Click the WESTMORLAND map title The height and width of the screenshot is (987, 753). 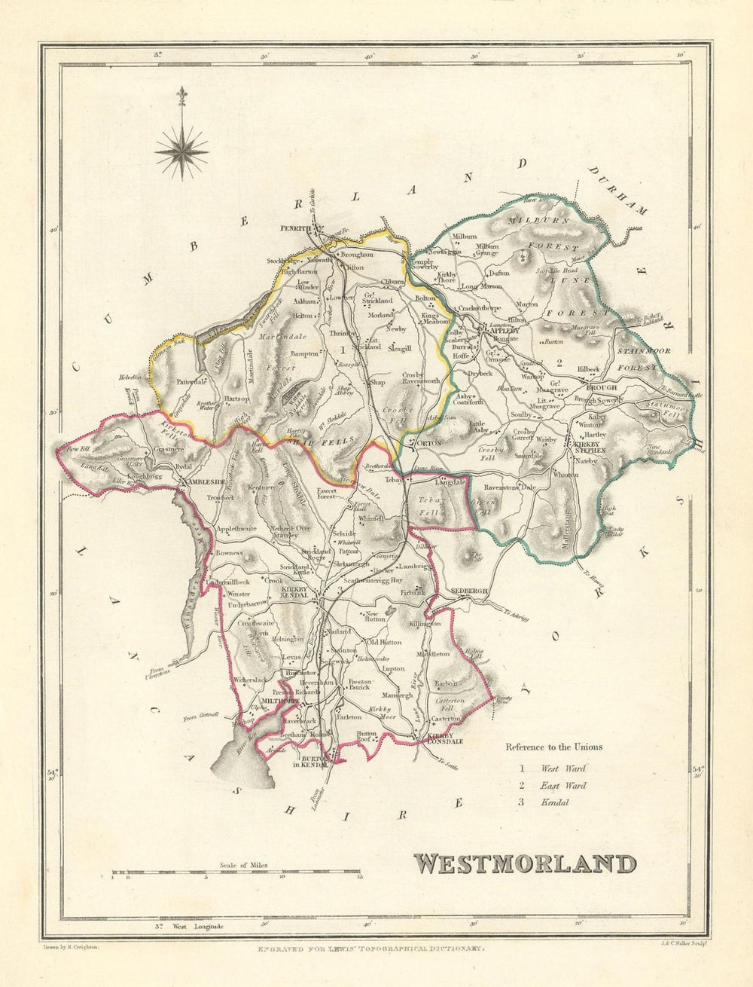[524, 863]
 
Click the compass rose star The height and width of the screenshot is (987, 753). [181, 148]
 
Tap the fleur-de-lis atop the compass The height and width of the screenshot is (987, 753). [181, 98]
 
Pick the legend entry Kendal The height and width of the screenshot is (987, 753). [553, 802]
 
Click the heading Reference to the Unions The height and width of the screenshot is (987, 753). [553, 747]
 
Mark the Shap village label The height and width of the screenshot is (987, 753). [376, 383]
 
